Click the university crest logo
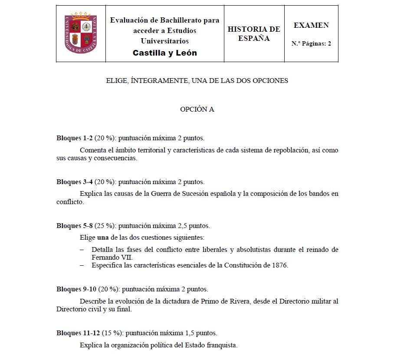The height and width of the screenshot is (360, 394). [x=81, y=33]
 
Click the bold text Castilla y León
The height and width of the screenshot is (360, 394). [x=164, y=53]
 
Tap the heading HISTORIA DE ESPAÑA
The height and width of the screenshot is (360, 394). [x=254, y=33]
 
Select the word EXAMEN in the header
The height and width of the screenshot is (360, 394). [x=311, y=25]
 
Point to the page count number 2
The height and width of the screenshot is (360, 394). [x=329, y=43]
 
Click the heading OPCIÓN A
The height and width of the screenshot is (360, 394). [x=197, y=109]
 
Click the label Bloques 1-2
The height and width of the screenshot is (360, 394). [x=74, y=139]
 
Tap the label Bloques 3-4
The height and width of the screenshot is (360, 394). [x=74, y=182]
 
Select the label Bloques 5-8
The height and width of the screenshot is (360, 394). [x=74, y=226]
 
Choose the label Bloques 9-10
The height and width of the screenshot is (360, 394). [x=76, y=289]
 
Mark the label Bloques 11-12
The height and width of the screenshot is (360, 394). [x=78, y=333]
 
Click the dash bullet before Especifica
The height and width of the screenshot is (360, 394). [x=82, y=265]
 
